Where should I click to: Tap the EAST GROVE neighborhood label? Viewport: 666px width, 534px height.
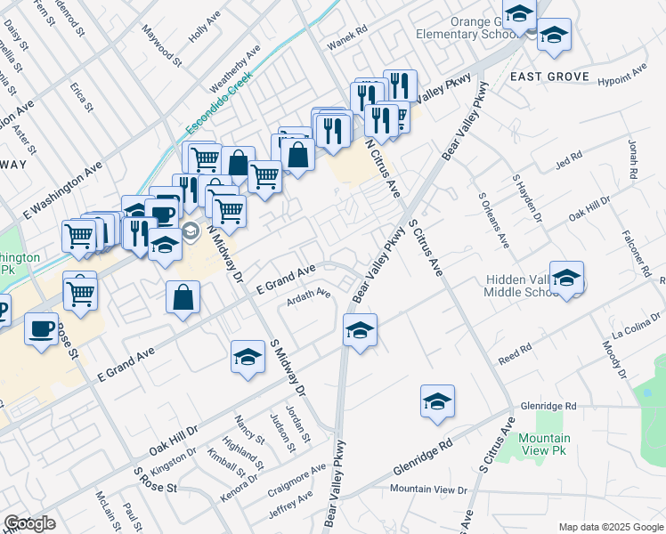[549, 77]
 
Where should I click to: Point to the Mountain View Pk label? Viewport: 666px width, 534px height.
[544, 445]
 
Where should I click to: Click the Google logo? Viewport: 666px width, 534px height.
[29, 523]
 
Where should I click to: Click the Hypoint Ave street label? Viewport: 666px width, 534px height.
[621, 75]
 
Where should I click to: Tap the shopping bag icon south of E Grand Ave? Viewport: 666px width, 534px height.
[183, 299]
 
